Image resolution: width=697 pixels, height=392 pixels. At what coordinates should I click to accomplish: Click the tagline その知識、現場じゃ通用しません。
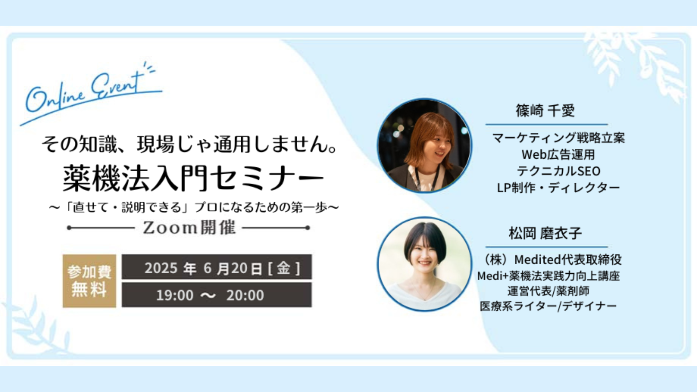pyautogui.click(x=189, y=144)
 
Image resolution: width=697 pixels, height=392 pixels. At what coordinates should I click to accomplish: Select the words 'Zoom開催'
pyautogui.click(x=189, y=228)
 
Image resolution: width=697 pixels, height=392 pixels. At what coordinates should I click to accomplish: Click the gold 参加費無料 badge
pyautogui.click(x=89, y=281)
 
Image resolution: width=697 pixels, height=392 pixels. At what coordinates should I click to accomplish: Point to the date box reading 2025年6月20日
pyautogui.click(x=217, y=267)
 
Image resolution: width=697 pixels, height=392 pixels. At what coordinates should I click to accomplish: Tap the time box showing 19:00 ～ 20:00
pyautogui.click(x=217, y=295)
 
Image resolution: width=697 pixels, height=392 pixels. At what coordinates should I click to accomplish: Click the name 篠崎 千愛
pyautogui.click(x=545, y=110)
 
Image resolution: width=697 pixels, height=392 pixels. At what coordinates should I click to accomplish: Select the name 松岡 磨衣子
pyautogui.click(x=545, y=233)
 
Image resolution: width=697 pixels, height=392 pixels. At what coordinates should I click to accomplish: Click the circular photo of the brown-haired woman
pyautogui.click(x=424, y=146)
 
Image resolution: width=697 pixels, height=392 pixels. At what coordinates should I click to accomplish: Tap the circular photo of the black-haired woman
pyautogui.click(x=424, y=264)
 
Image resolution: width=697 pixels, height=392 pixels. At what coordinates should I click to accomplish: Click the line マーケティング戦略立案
pyautogui.click(x=558, y=138)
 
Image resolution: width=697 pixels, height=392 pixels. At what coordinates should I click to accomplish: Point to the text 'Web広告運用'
pyautogui.click(x=558, y=155)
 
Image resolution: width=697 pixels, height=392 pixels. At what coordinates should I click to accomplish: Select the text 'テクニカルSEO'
pyautogui.click(x=558, y=171)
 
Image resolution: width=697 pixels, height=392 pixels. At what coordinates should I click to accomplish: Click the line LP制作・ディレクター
pyautogui.click(x=558, y=188)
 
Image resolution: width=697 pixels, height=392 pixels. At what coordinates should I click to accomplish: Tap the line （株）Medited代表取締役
pyautogui.click(x=551, y=260)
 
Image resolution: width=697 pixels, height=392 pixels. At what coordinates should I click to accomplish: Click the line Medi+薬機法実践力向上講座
pyautogui.click(x=548, y=276)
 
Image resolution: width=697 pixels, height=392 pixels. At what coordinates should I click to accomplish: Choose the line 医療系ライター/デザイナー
pyautogui.click(x=548, y=306)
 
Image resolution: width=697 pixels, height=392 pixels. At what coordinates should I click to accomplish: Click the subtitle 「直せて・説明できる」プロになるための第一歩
pyautogui.click(x=194, y=207)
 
